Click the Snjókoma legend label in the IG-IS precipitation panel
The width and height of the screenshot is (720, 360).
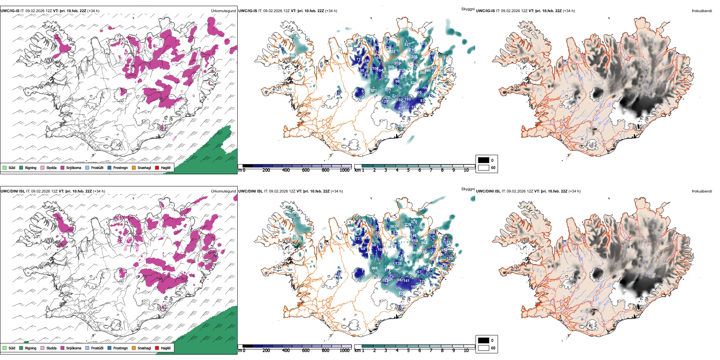74,167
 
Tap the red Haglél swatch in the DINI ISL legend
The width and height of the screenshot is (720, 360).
157,348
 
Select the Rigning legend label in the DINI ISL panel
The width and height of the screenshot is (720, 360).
31,348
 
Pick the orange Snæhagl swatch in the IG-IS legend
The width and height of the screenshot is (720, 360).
134,167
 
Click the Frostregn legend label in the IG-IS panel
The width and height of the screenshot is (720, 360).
120,167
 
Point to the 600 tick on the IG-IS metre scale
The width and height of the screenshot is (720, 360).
305,170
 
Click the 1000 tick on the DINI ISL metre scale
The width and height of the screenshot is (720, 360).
344,351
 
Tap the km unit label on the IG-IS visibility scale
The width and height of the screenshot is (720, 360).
357,170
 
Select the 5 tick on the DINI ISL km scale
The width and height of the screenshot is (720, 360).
408,351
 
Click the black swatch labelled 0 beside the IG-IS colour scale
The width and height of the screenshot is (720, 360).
484,160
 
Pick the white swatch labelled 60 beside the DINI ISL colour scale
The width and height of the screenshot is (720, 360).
484,348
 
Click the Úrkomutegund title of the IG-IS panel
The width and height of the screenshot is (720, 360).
223,11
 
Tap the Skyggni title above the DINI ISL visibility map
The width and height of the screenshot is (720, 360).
468,189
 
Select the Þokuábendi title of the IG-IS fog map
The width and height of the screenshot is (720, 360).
702,11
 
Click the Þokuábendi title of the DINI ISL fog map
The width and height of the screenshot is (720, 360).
702,191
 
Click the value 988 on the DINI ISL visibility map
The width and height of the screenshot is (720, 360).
374,268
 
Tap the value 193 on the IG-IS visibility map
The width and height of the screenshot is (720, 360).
407,99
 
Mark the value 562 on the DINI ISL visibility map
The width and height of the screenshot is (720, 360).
424,243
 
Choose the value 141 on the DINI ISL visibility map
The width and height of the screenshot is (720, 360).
406,281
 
